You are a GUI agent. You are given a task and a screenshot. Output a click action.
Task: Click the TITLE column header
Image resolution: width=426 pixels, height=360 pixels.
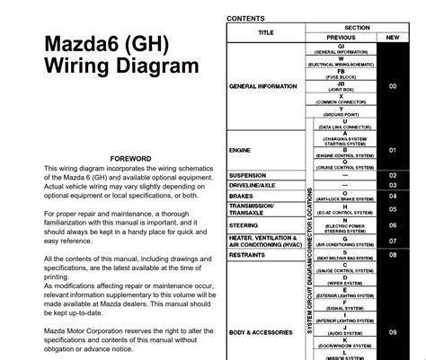pos(266,32)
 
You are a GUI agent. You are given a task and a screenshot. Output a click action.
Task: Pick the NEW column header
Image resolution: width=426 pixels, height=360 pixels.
pos(392,38)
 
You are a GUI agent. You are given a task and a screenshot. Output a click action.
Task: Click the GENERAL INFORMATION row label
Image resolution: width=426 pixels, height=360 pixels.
pos(267,86)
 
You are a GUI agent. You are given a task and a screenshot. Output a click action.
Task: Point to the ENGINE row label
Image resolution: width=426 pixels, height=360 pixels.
pos(241,151)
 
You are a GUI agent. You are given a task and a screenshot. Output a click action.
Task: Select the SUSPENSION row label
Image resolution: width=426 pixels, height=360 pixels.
pos(248,175)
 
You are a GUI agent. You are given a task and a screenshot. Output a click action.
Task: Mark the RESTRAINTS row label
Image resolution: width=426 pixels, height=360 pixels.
pos(250,254)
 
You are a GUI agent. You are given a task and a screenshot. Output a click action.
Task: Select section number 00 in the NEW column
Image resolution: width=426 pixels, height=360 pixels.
pos(392,86)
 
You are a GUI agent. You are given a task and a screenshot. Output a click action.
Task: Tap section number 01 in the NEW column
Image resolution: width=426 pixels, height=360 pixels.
pos(392,151)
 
